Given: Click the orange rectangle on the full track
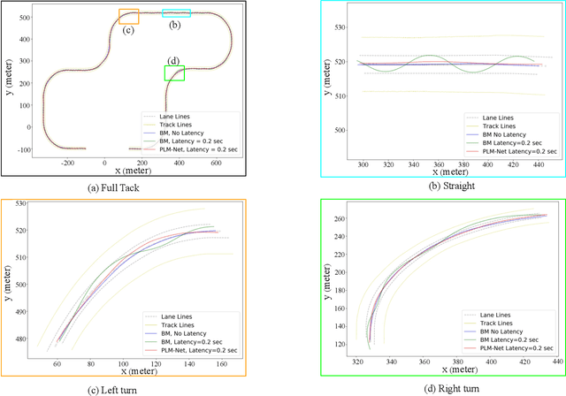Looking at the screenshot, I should pyautogui.click(x=129, y=17).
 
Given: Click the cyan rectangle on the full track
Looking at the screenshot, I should pyautogui.click(x=176, y=14).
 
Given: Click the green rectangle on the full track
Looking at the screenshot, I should pyautogui.click(x=174, y=73).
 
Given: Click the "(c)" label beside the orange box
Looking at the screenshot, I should pyautogui.click(x=128, y=31).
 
